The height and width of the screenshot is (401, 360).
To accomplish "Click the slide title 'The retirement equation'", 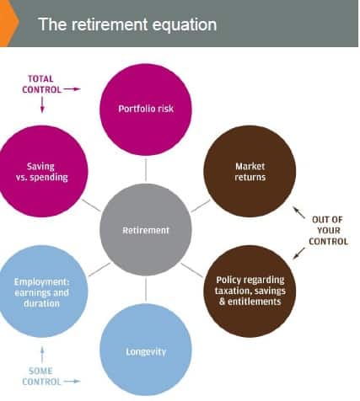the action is (127, 24).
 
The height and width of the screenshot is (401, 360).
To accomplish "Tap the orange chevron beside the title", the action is (8, 23).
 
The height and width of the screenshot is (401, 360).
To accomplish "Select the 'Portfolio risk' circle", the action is (146, 110).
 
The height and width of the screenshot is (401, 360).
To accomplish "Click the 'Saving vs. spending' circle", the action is (42, 171).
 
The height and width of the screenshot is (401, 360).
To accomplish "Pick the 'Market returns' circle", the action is (250, 171).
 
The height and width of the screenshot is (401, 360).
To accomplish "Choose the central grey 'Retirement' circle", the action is (146, 230).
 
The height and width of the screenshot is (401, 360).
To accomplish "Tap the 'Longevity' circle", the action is (146, 350).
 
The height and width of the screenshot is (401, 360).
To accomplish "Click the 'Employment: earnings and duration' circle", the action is (42, 291).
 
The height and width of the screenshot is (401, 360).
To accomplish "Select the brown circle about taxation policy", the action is (250, 291).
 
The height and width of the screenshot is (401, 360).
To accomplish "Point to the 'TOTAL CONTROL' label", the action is (41, 84).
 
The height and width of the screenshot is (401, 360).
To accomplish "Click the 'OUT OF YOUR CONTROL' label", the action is (328, 231).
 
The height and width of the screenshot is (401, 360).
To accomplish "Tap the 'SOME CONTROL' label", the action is (41, 377).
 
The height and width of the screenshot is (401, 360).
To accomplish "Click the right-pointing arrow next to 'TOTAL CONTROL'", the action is (72, 89).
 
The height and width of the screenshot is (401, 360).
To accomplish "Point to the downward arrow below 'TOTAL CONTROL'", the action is (42, 104).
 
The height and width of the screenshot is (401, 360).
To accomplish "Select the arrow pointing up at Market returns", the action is (298, 212).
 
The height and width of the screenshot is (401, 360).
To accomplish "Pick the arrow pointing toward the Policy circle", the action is (298, 254).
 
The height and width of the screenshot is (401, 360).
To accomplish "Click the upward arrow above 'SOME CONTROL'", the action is (42, 355).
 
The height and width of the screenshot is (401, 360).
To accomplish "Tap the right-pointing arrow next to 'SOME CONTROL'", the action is (72, 382).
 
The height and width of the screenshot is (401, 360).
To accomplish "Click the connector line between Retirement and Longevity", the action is (146, 289).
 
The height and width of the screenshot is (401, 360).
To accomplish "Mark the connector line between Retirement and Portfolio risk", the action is (146, 169).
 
